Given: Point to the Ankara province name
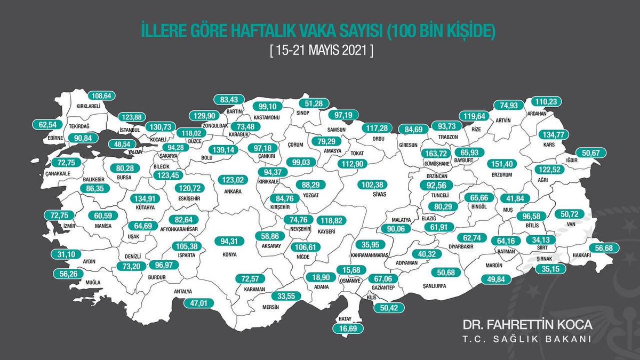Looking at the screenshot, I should [233, 191].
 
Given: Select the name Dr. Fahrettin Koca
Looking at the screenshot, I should [527, 325].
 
